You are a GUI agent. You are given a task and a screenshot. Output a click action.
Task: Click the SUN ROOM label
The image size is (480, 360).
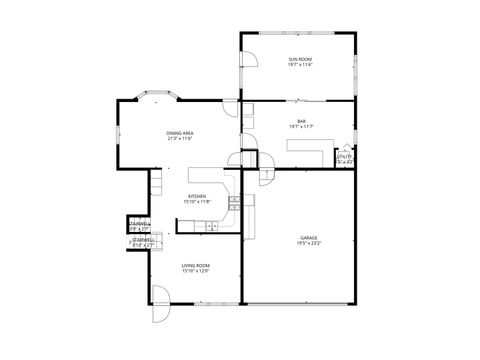(300, 59)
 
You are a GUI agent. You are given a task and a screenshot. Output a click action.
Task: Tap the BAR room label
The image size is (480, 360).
(300, 121)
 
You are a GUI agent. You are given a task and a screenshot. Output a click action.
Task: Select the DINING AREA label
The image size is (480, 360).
(180, 133)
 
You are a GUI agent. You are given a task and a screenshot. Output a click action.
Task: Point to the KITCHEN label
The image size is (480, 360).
(196, 196)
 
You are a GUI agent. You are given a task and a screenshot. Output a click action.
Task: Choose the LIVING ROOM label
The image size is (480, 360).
(195, 265)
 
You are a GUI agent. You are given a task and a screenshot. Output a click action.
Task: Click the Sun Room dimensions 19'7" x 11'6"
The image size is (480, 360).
(300, 65)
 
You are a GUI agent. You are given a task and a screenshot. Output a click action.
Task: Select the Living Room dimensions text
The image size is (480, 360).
(195, 271)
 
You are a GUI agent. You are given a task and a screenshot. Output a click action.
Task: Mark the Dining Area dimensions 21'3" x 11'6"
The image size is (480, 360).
(180, 139)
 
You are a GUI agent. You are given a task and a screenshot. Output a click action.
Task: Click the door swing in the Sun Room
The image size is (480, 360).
(252, 58)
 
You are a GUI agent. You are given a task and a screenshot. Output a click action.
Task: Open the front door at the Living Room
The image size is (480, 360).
(158, 300)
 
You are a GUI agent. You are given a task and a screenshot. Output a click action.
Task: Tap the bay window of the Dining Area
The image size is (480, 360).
(158, 98)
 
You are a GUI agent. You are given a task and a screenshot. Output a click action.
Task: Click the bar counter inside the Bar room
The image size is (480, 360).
(305, 147)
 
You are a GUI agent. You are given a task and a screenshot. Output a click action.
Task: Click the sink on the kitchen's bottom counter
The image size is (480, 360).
(212, 227)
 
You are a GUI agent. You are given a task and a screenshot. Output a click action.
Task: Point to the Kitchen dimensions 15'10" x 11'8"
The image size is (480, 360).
(196, 202)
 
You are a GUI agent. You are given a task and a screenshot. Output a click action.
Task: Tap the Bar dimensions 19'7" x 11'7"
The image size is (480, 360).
(300, 127)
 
